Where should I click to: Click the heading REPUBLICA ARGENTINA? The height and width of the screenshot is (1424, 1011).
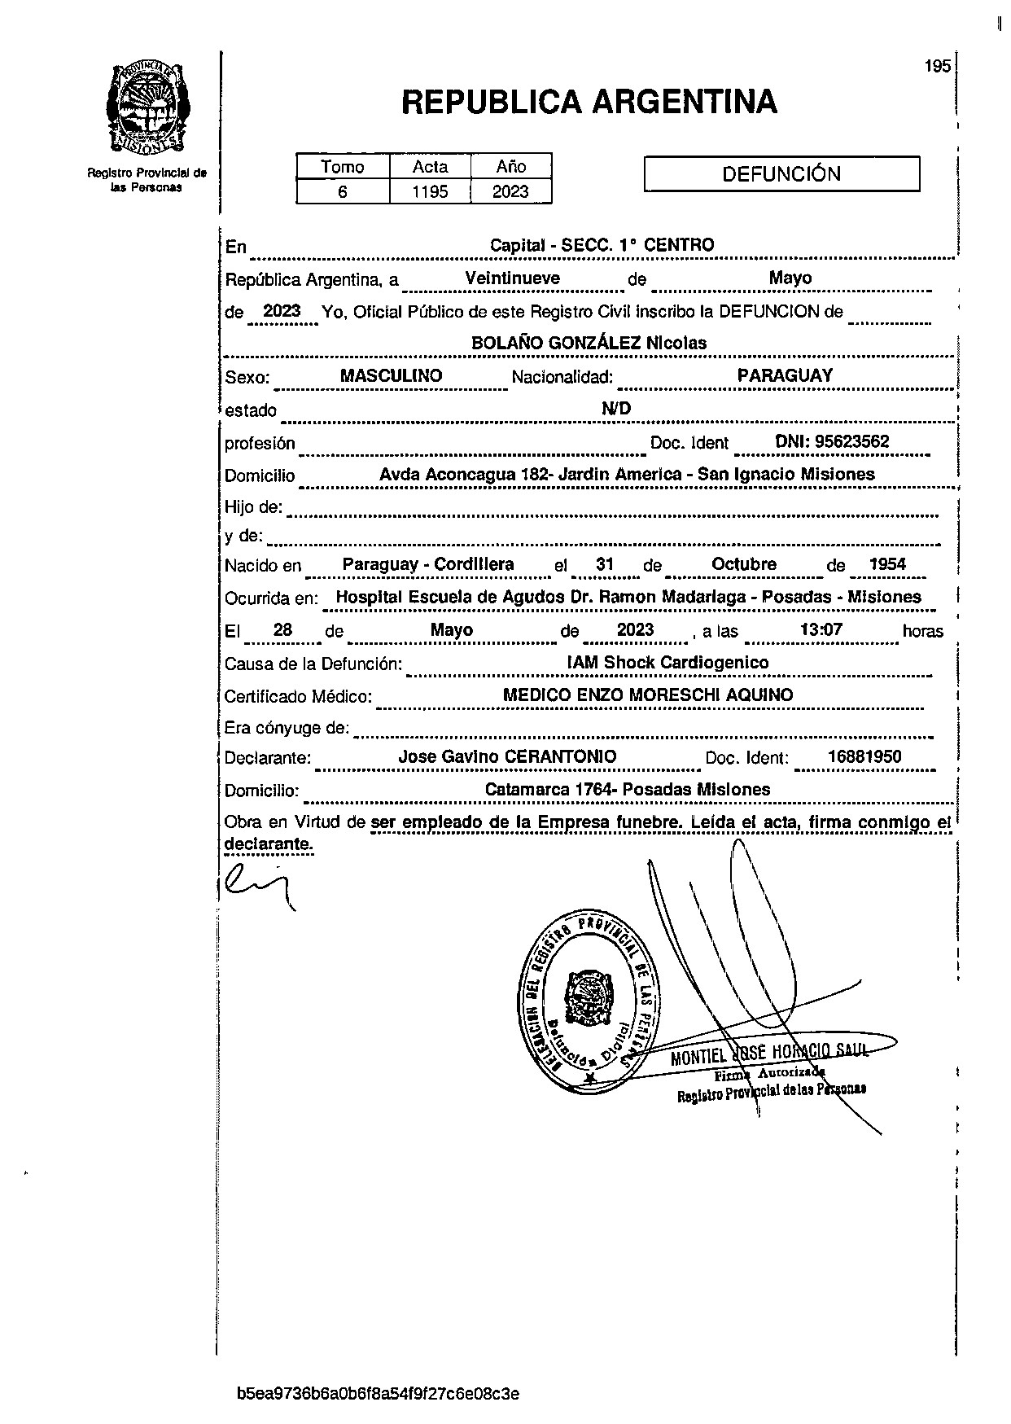589,103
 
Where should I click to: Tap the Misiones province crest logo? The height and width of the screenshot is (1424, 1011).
147,107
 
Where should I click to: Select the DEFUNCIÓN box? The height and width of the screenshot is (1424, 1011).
781,174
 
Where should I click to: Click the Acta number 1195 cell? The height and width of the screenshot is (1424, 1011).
430,192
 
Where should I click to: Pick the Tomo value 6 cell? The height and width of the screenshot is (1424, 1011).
343,192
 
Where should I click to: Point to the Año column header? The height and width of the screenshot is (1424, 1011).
511,167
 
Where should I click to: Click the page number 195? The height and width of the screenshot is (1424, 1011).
938,67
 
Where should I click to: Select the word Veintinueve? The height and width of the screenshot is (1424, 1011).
512,278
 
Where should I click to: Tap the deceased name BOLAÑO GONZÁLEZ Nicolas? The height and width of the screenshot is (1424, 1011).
589,344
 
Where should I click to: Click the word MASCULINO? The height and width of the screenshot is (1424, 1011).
391,376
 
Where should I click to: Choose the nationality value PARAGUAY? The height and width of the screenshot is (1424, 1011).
785,375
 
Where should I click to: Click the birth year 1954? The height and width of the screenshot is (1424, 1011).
886,564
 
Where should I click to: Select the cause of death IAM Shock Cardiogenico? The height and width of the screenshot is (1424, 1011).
667,663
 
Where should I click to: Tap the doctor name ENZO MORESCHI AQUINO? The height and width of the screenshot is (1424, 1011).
679,695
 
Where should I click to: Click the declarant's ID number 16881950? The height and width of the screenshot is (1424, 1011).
864,756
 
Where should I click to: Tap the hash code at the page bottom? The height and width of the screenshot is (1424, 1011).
378,1393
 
